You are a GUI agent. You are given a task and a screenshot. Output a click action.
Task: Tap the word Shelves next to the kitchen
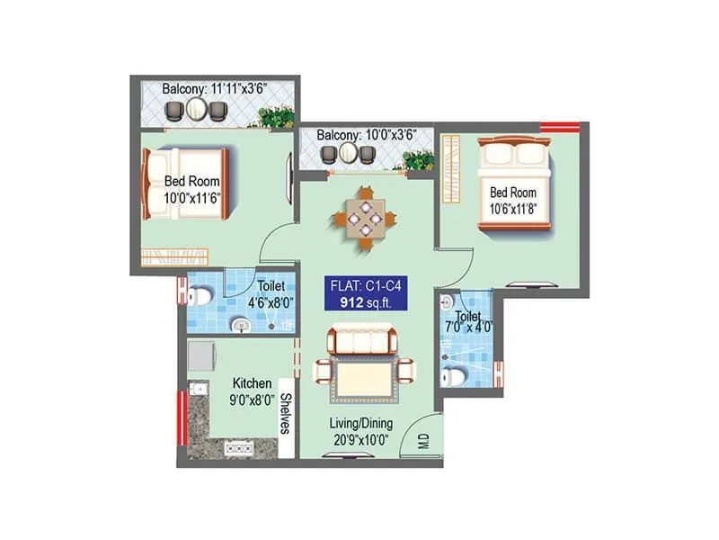(x=286, y=413)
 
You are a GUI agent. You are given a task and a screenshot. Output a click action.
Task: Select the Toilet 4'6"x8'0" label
(x=271, y=294)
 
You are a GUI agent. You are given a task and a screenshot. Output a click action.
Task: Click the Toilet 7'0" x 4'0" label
(x=467, y=320)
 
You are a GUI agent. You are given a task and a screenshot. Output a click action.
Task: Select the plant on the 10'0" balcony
(x=418, y=160)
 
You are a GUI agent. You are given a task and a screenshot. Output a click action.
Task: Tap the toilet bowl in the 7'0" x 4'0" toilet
(x=454, y=376)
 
